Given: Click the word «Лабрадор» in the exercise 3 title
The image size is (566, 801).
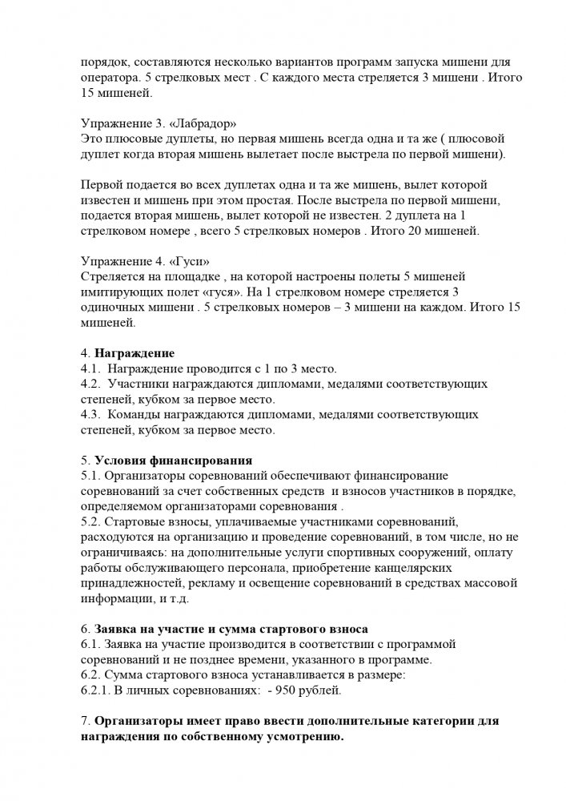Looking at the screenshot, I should (x=199, y=123).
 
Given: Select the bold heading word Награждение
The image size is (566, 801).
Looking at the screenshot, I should (x=134, y=354).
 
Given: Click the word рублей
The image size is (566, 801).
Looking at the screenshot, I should (x=320, y=689).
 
